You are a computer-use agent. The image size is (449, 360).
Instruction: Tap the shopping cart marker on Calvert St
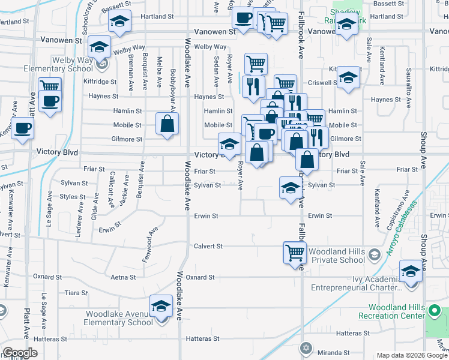click(294, 252)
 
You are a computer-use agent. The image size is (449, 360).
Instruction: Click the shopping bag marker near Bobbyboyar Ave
click(167, 124)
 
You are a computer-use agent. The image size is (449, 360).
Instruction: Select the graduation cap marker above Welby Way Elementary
click(99, 46)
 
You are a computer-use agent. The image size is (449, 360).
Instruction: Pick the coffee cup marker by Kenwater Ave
click(22, 127)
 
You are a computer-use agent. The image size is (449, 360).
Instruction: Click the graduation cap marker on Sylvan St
click(291, 187)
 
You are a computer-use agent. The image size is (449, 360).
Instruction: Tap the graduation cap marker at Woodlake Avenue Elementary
click(161, 307)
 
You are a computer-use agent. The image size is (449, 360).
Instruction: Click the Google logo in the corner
click(20, 352)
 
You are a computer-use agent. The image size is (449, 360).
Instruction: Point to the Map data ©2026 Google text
click(411, 355)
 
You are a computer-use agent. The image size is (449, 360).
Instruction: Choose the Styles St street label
click(73, 196)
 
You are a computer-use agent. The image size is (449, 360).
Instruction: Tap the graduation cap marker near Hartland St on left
click(119, 23)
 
